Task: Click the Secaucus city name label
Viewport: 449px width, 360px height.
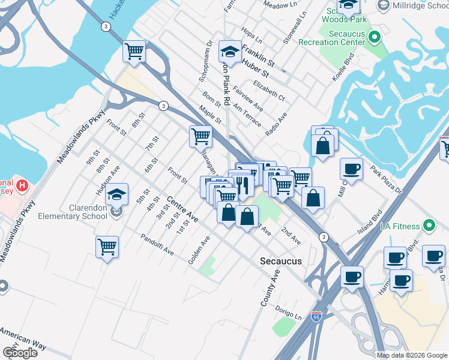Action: pos(280,261)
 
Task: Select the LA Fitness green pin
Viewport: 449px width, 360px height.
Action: pos(429,226)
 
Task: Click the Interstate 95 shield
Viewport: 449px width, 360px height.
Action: pos(316,316)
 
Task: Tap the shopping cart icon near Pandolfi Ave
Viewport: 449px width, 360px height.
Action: pos(107,246)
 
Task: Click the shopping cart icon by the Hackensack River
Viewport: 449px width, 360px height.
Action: pos(134,51)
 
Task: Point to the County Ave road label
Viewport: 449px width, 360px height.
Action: pos(271,289)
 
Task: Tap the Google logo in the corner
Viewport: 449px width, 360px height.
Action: pos(20,353)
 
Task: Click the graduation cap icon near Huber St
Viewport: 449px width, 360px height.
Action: pos(229,52)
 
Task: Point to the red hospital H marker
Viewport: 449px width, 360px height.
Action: pos(22,185)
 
